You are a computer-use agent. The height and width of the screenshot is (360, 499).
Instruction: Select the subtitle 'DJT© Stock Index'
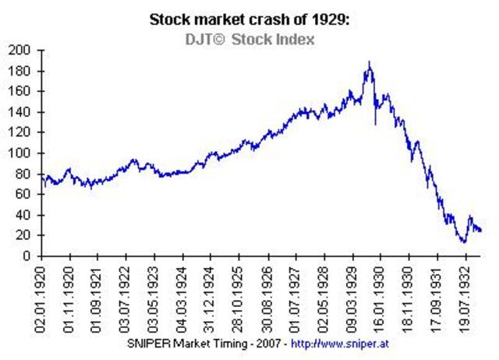tap(249, 38)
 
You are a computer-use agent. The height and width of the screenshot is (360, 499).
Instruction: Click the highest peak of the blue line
tap(369, 63)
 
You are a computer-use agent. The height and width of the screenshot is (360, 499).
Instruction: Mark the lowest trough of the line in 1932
tap(463, 242)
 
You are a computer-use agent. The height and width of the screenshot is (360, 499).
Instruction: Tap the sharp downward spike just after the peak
tap(375, 123)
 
